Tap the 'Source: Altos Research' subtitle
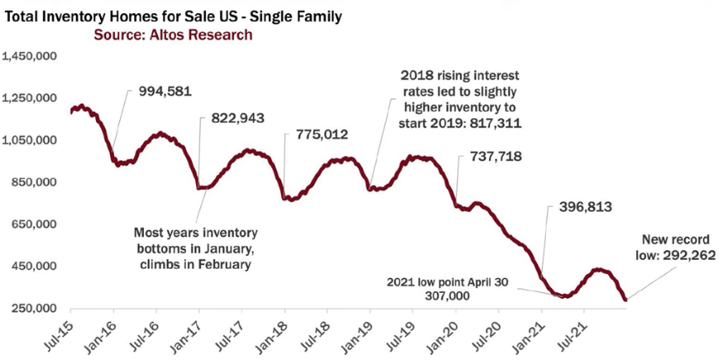click(173, 36)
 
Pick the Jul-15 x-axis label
click(59, 335)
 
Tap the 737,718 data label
click(496, 156)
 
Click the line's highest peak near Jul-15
click(81, 107)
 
